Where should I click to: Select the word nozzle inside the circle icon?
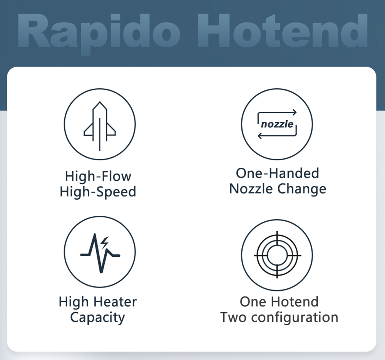[277, 124]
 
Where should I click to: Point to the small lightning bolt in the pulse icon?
[105, 242]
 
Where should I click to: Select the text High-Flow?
[98, 176]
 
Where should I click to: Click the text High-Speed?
[98, 192]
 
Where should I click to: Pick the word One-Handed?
[277, 173]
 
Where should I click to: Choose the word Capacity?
[97, 318]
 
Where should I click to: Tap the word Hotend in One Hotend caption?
[295, 301]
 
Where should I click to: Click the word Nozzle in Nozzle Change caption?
[251, 189]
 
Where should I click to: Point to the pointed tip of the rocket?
[100, 103]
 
